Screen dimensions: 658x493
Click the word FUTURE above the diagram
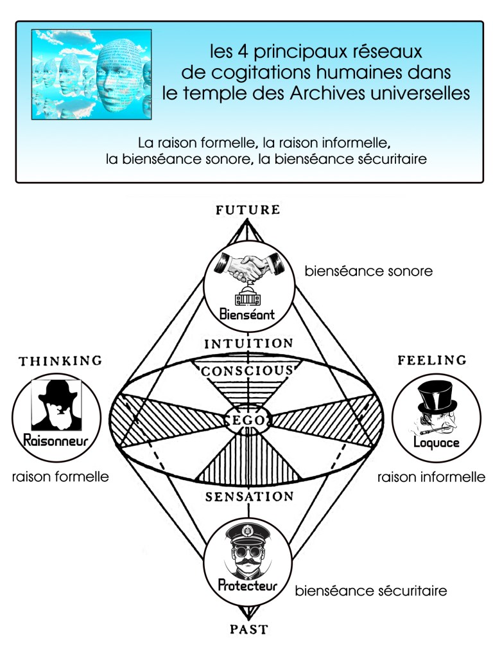click(248, 209)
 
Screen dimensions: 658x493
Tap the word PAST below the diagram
click(248, 629)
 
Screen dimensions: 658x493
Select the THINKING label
click(60, 361)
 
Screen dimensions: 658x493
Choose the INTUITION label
click(248, 344)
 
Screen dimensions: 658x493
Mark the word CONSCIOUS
click(248, 371)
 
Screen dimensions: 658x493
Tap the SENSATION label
click(248, 497)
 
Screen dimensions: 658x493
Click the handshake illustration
click(247, 266)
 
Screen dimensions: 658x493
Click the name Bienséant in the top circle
click(247, 315)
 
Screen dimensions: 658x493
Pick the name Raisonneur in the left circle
click(55, 441)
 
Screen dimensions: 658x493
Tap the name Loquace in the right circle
click(437, 443)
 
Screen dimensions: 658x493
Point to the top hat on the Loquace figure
click(437, 397)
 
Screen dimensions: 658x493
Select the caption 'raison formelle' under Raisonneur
click(60, 477)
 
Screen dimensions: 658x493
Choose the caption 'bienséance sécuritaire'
click(370, 589)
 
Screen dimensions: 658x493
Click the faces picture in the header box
click(92, 75)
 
